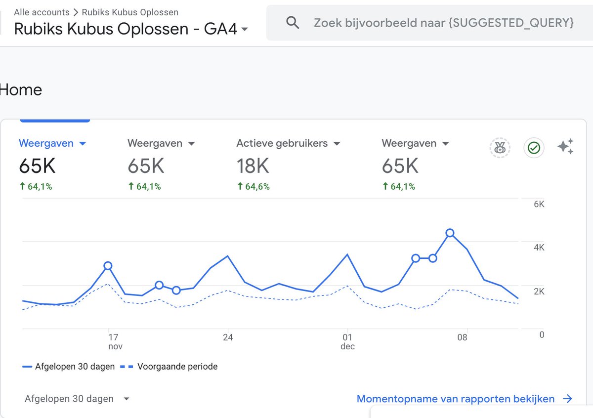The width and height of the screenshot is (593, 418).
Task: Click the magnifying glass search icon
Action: (x=293, y=23)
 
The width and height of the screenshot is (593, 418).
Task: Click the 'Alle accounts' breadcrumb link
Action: (x=42, y=12)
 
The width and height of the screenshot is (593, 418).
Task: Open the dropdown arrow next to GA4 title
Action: (x=245, y=30)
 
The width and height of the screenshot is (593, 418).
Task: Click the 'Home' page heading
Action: (x=21, y=90)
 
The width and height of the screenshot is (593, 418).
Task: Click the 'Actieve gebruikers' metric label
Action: (x=282, y=143)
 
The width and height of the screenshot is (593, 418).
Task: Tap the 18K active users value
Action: (x=253, y=167)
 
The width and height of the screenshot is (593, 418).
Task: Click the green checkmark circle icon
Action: (x=534, y=147)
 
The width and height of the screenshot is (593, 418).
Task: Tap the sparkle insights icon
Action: (x=565, y=147)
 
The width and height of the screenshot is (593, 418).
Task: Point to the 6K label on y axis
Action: (x=539, y=204)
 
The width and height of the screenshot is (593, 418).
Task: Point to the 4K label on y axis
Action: (x=539, y=248)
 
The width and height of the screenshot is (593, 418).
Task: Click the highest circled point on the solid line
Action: (x=450, y=233)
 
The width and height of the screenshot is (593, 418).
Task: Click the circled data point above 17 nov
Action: (x=108, y=266)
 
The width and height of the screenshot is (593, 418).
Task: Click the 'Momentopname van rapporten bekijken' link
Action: (x=464, y=399)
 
